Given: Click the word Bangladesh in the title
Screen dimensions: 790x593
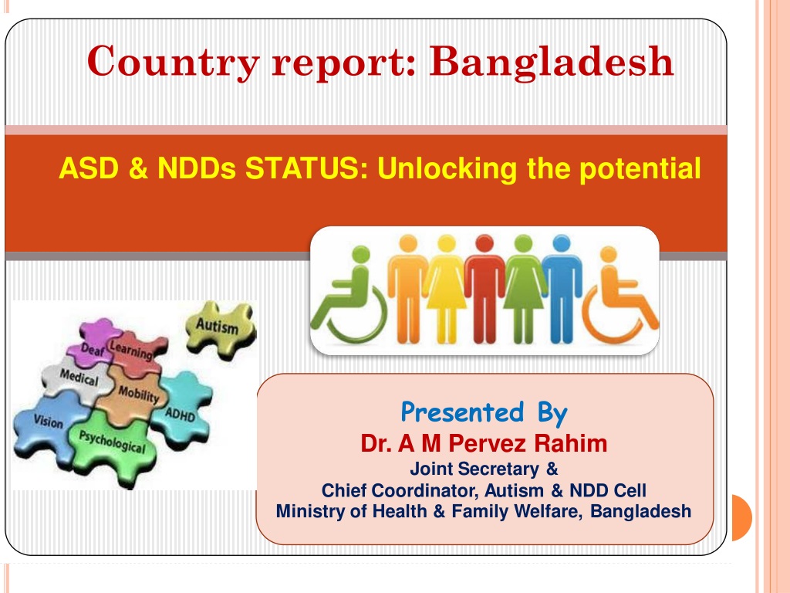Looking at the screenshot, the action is tap(551, 63).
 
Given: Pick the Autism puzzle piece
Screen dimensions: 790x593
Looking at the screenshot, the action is tap(220, 327).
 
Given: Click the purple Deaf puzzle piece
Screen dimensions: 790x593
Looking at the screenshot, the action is tap(95, 343).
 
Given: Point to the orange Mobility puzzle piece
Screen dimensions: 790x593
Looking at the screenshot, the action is tap(133, 396).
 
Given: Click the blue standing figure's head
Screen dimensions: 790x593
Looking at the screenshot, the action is tap(562, 243).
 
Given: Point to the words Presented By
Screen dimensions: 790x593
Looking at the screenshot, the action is tap(484, 412).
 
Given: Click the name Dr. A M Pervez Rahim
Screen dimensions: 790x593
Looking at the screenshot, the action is tap(484, 444).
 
